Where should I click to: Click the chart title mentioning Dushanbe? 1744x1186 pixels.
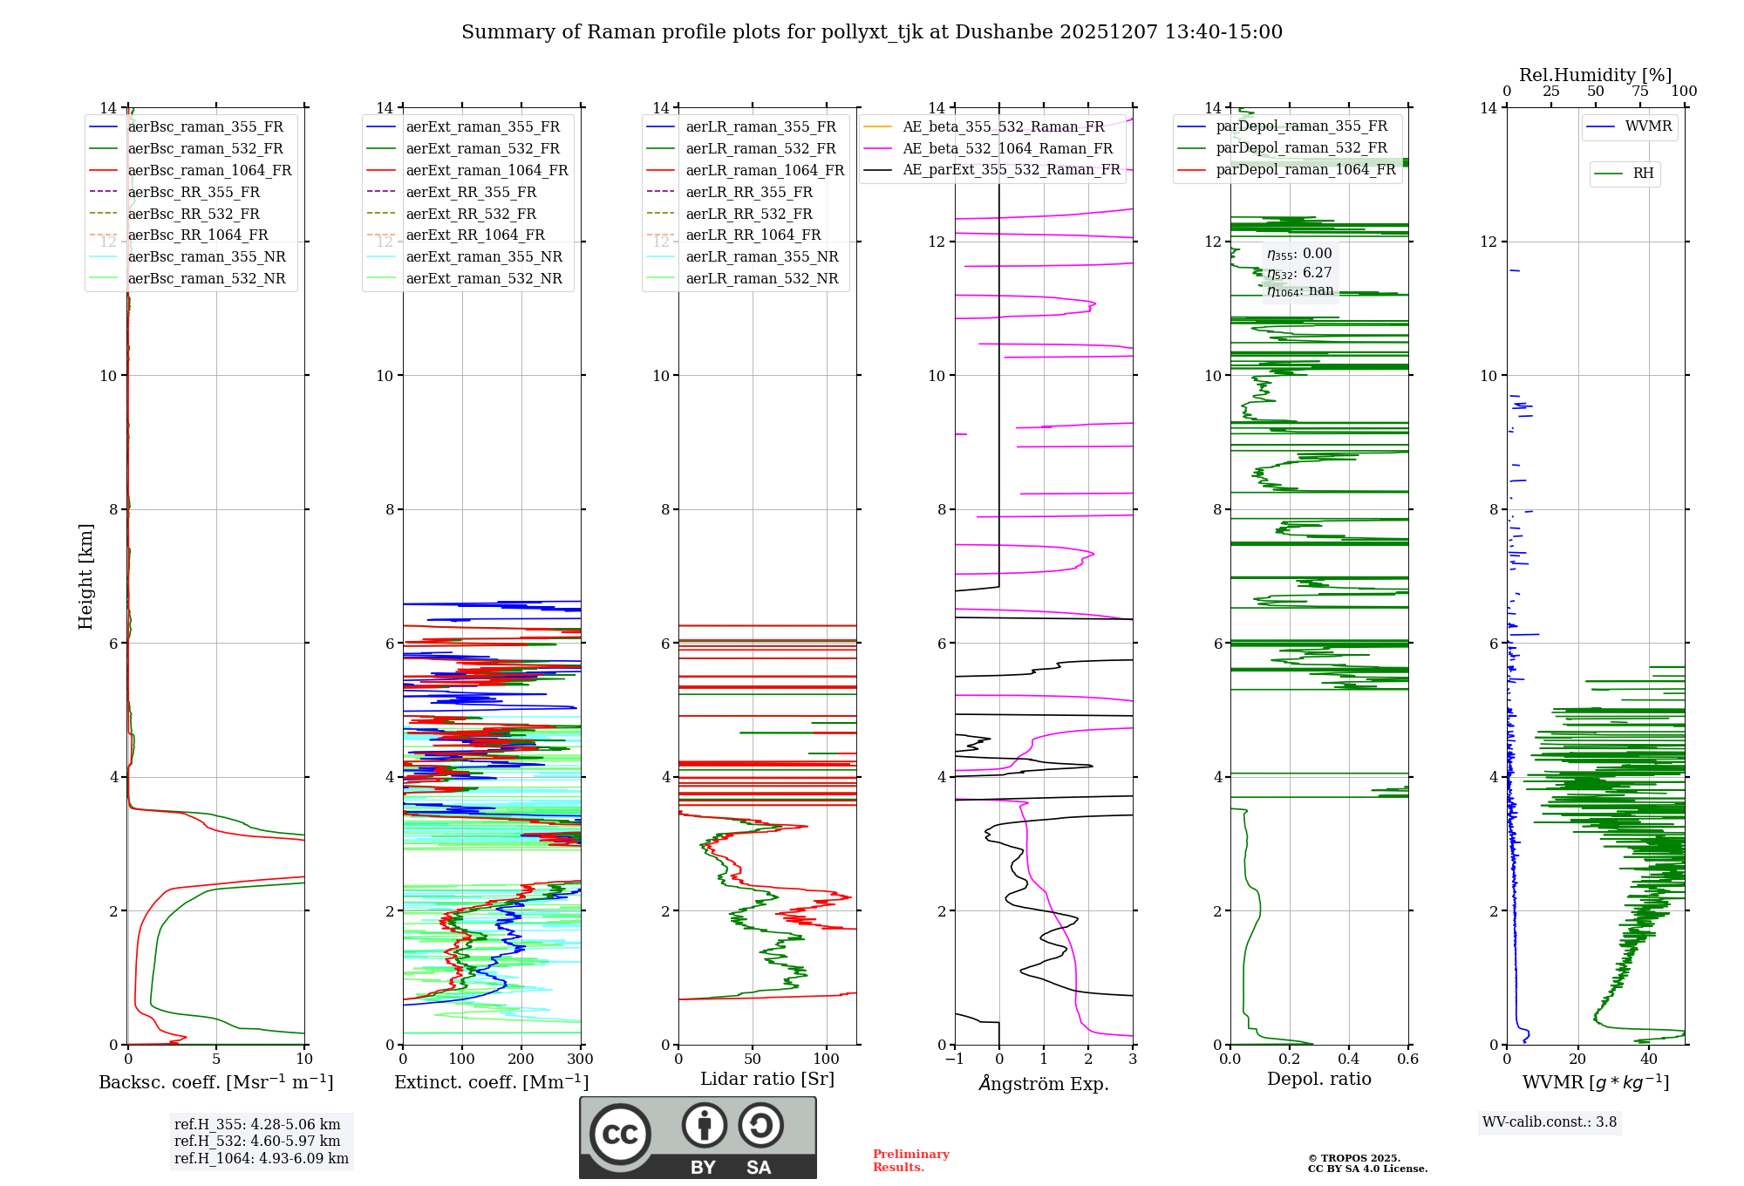tap(872, 32)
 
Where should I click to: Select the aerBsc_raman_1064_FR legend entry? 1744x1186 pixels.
tap(209, 170)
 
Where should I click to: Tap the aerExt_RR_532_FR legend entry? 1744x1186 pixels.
tap(470, 214)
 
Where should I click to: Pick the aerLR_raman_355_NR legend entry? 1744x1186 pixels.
tap(761, 256)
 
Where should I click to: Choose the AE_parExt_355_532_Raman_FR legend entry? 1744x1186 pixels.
tap(1011, 169)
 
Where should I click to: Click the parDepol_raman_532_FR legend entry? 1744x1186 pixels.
tap(1301, 147)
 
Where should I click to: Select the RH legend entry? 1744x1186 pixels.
tap(1643, 174)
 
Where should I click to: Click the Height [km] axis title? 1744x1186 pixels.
tap(85, 576)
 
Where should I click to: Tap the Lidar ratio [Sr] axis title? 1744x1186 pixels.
tap(767, 1079)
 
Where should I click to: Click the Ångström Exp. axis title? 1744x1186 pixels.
tap(1044, 1083)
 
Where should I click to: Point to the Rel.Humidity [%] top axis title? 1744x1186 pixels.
tap(1595, 75)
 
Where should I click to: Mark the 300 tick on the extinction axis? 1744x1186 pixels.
tap(580, 1060)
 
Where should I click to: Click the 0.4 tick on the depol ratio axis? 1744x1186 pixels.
tap(1348, 1060)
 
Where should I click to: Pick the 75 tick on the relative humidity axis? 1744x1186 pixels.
tap(1639, 92)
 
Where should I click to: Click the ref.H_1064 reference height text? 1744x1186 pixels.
tap(261, 1158)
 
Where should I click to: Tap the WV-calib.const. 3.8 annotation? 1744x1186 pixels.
tap(1550, 1122)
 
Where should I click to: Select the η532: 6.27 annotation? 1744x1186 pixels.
tap(1299, 273)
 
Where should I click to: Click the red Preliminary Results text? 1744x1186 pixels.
tap(910, 1161)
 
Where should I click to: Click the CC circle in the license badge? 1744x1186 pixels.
tap(620, 1135)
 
